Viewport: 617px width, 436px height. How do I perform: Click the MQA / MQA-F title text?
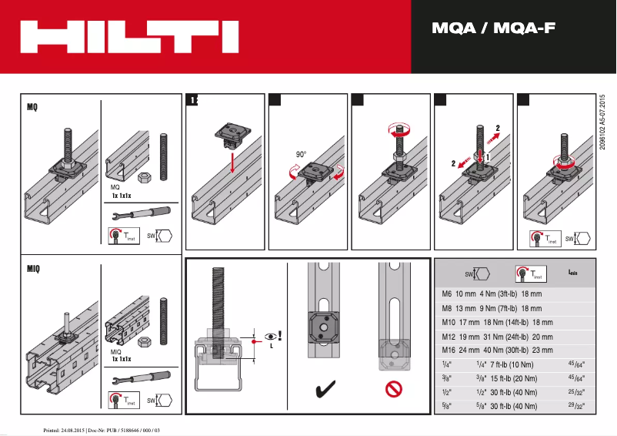point(493,30)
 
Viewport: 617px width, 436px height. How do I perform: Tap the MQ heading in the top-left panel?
point(33,108)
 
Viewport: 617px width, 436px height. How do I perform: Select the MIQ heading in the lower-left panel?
point(34,269)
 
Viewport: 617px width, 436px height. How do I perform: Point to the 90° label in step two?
point(302,154)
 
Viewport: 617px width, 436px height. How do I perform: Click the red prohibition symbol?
point(395,390)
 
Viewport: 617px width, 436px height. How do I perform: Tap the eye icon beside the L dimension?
point(269,337)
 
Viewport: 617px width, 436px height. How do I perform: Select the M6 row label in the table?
point(445,294)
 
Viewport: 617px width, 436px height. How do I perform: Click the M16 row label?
point(447,350)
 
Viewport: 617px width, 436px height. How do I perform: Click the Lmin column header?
point(573,273)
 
